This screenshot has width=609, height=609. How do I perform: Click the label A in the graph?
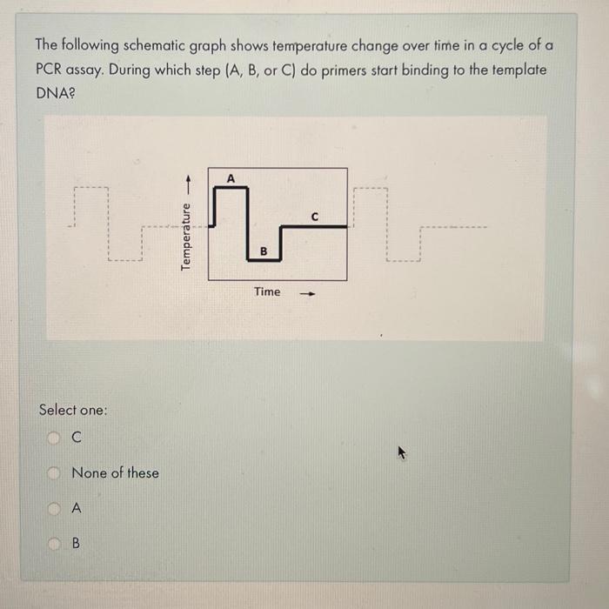(231, 177)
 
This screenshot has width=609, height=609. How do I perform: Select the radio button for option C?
(53, 440)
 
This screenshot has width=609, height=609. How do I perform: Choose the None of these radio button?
(53, 473)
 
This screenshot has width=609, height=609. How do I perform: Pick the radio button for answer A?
(53, 507)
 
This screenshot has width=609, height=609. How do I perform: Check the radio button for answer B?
(53, 543)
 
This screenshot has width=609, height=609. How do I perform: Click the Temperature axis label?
(185, 237)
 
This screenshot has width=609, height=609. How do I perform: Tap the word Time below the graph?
(267, 291)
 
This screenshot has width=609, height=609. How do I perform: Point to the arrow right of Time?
(306, 293)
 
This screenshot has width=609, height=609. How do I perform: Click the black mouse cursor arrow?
(402, 452)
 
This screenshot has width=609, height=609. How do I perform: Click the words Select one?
(73, 409)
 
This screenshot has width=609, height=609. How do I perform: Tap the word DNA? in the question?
(56, 93)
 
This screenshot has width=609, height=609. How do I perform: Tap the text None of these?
(115, 473)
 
